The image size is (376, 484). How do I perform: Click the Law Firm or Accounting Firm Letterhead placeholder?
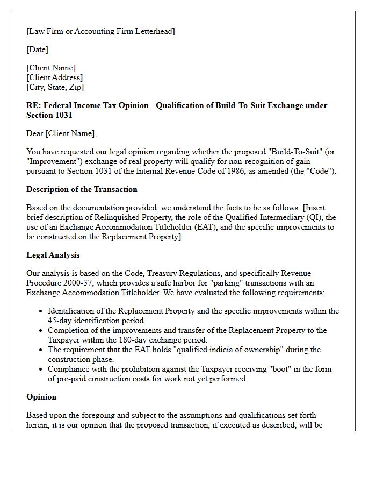coord(100,31)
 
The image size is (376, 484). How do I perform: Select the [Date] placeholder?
coord(37,49)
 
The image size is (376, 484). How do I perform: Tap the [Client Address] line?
coord(54,77)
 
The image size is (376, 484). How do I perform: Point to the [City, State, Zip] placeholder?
coord(55,87)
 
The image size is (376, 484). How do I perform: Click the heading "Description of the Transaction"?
coord(82,189)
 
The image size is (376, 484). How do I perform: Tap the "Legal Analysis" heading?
coord(53,255)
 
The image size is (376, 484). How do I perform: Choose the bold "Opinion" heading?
coord(41,397)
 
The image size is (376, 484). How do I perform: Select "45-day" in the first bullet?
coord(60,321)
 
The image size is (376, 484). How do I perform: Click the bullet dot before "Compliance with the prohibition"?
coord(42,369)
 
